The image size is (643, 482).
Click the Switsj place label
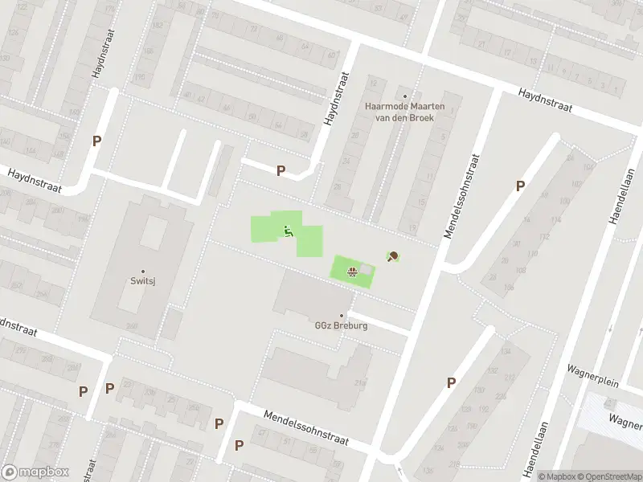143,281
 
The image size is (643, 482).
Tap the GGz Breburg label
341,326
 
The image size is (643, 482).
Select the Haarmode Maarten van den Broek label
404,111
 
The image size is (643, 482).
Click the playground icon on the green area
289,232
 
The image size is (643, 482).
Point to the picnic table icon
351,271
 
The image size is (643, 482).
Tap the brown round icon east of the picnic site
393,257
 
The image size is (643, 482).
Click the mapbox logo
34,472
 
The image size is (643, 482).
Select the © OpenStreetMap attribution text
605,476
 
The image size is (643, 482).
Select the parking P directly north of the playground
281,170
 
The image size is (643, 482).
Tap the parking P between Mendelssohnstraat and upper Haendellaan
520,186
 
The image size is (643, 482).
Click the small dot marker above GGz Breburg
341,315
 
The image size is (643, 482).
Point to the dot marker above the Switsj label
143,271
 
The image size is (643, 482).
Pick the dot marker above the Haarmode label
404,96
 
